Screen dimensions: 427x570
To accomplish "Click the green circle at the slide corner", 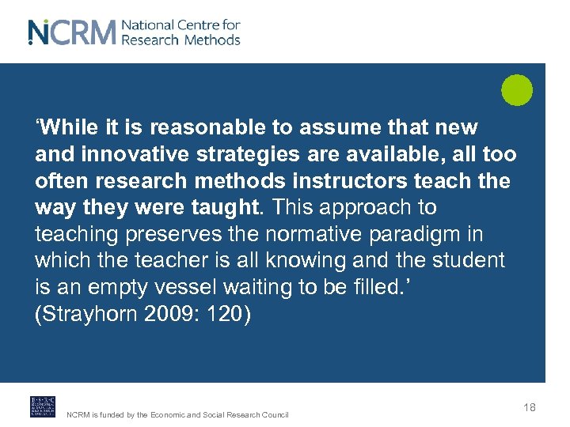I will (517, 89).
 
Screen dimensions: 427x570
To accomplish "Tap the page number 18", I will (530, 407).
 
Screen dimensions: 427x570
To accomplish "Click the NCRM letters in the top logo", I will (71, 32).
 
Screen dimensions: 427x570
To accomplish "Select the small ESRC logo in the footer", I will (43, 406).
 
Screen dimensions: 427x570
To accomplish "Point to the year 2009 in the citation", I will (158, 314).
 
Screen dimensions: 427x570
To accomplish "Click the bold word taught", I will (229, 208).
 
